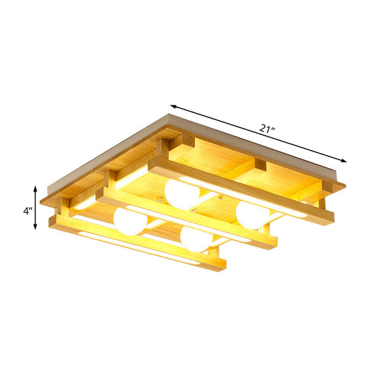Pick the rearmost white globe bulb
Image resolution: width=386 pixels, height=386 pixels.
click(x=180, y=193)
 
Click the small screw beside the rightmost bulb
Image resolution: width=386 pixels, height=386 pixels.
click(x=228, y=202)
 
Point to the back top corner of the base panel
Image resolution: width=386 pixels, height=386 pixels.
click(x=169, y=109)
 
